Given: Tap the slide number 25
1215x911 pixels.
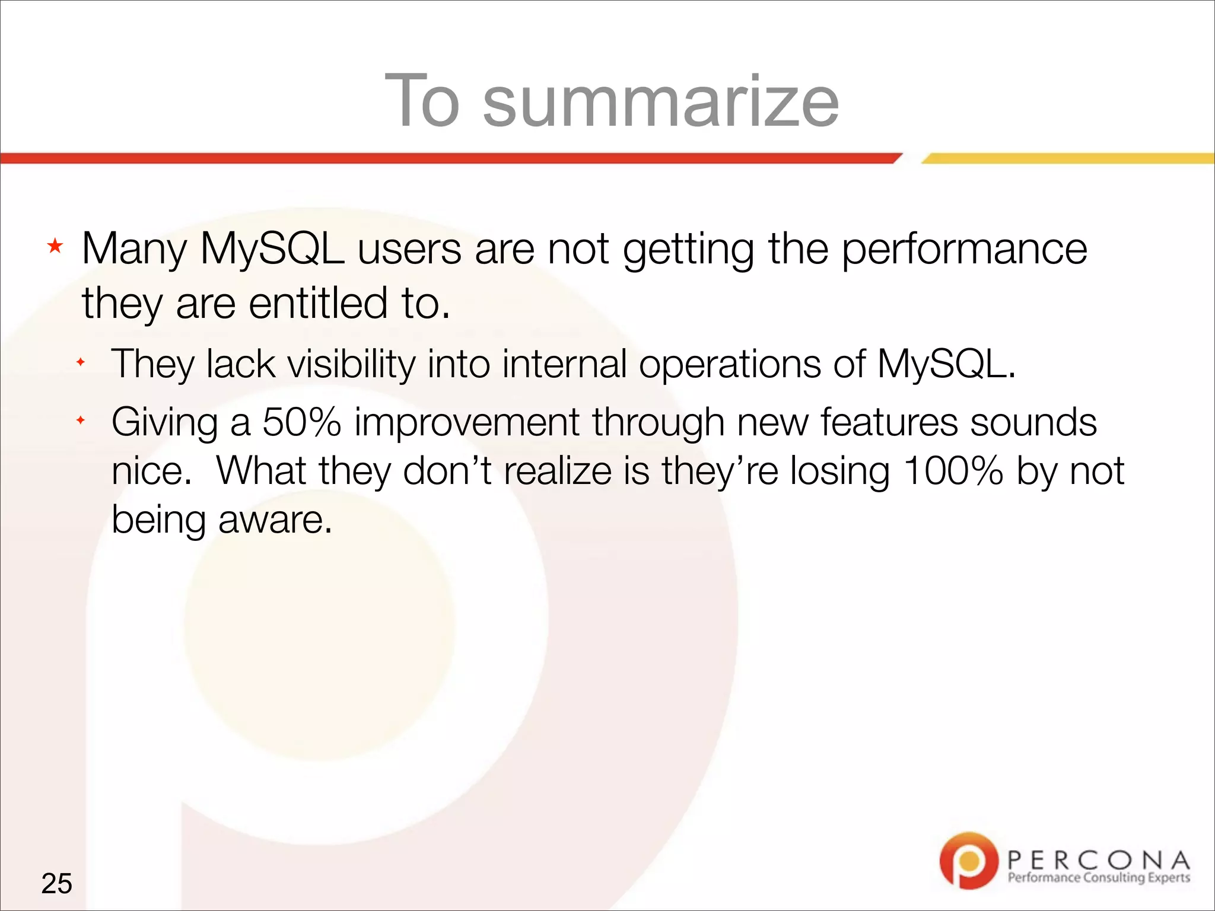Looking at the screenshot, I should coord(56,883).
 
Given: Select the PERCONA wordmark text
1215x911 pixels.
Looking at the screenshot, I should coord(1098,859).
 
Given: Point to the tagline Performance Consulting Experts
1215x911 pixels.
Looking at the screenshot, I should coord(1098,878).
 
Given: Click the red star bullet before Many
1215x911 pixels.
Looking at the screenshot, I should coord(55,246).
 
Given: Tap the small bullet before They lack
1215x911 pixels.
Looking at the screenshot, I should coord(81,362).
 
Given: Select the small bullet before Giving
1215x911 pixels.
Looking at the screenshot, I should coord(81,421).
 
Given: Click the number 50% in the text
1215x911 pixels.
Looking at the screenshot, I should coord(301,422).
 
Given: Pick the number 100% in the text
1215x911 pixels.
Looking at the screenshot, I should coord(953,471).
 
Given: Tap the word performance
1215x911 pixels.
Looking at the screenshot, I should coord(964,249).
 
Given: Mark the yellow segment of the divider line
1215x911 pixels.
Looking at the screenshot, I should coord(1068,158).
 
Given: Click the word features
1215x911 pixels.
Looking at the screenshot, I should coord(889,422).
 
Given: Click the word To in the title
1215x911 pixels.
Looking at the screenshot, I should coord(422,102).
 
